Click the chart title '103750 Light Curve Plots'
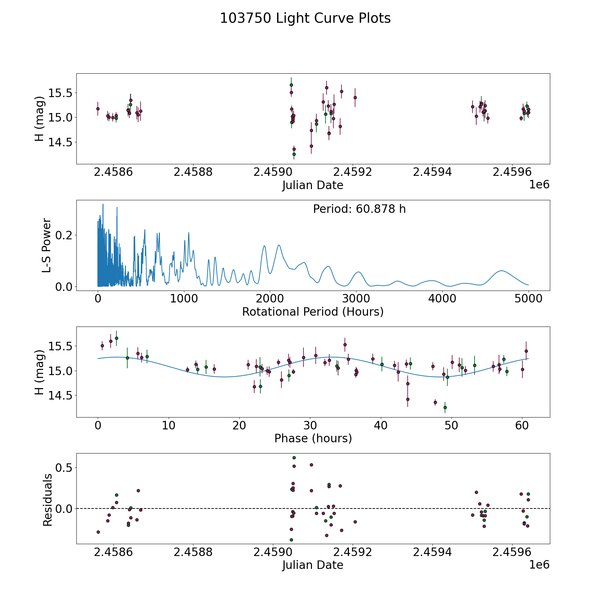click(305, 18)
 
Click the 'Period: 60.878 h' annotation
click(359, 209)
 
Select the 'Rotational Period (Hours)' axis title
click(313, 312)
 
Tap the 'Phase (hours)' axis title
click(313, 438)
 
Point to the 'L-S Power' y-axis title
click(47, 245)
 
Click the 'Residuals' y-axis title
click(48, 500)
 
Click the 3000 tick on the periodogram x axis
click(356, 299)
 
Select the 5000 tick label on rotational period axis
click(528, 299)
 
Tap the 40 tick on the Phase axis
click(381, 425)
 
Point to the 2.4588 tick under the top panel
click(193, 172)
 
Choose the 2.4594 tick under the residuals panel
click(432, 552)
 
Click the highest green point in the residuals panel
click(294, 458)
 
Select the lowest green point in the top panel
click(294, 154)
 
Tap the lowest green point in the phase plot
click(445, 407)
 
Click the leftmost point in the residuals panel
click(98, 532)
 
